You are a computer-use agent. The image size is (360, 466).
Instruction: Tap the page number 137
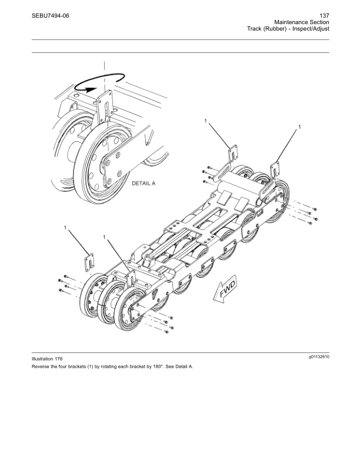(323, 15)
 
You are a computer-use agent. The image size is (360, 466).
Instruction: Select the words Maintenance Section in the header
(301, 22)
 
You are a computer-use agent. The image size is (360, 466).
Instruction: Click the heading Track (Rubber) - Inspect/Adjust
(288, 29)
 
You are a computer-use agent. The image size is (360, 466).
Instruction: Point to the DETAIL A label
(143, 184)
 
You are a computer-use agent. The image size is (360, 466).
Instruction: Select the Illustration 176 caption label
(47, 359)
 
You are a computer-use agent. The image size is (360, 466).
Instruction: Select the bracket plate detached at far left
(90, 262)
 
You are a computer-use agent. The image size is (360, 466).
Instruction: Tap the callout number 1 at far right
(300, 127)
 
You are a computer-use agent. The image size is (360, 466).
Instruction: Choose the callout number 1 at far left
(65, 227)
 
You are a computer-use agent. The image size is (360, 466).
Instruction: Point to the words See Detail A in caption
(179, 366)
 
